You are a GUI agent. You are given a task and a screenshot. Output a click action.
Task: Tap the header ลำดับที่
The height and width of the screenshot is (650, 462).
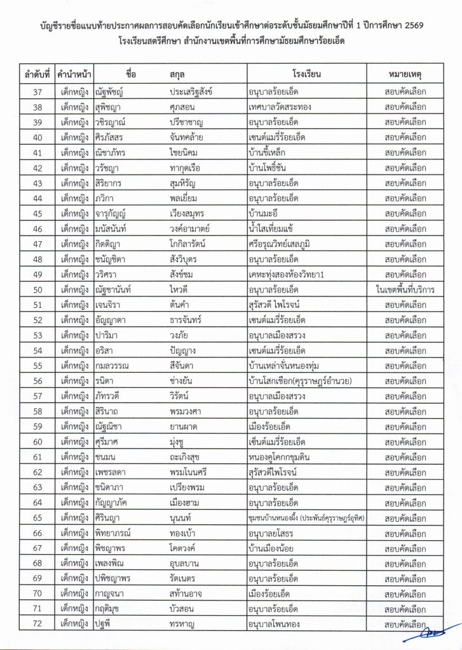37,74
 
